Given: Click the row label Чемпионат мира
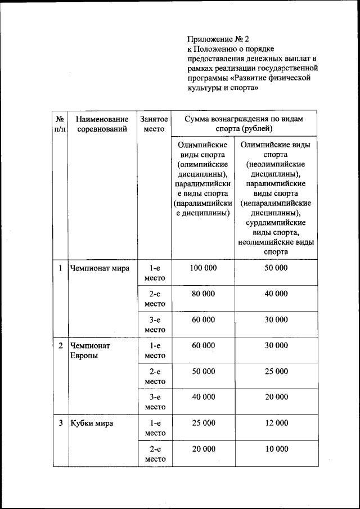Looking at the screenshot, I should [x=99, y=268].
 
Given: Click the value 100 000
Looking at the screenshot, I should [x=203, y=268].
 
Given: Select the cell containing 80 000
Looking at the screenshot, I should [x=203, y=294].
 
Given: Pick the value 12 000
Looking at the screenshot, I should [x=276, y=423].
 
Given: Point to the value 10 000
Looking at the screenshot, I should [x=276, y=449].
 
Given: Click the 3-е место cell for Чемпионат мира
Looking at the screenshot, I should [x=154, y=325].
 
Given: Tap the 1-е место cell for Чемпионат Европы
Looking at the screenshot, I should [x=154, y=350].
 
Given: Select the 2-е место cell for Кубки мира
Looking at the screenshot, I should [x=154, y=454].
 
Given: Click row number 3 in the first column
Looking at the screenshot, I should [x=60, y=423].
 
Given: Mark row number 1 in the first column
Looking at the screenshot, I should [x=60, y=268].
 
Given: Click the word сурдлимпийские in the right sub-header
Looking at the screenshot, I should [x=276, y=223].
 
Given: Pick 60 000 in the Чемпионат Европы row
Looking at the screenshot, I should [x=203, y=345].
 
